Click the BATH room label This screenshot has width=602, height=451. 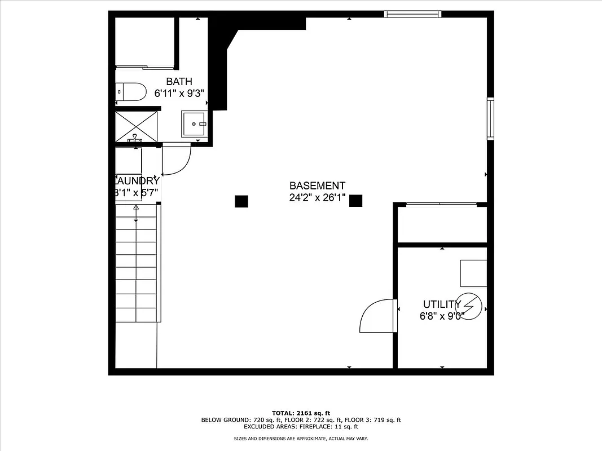(179, 82)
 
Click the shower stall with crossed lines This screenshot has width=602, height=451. (137, 127)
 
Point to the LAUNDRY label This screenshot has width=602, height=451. (137, 181)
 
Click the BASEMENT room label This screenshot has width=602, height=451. (317, 185)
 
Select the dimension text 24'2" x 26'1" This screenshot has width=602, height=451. (317, 197)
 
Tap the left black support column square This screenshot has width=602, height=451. (241, 201)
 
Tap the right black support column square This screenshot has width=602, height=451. (355, 200)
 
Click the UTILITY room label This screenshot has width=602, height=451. (442, 304)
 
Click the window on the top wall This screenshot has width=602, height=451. (412, 14)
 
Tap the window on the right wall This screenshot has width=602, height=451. (490, 118)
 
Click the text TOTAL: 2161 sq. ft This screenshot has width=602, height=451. (301, 413)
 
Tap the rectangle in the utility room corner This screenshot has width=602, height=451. (473, 273)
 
